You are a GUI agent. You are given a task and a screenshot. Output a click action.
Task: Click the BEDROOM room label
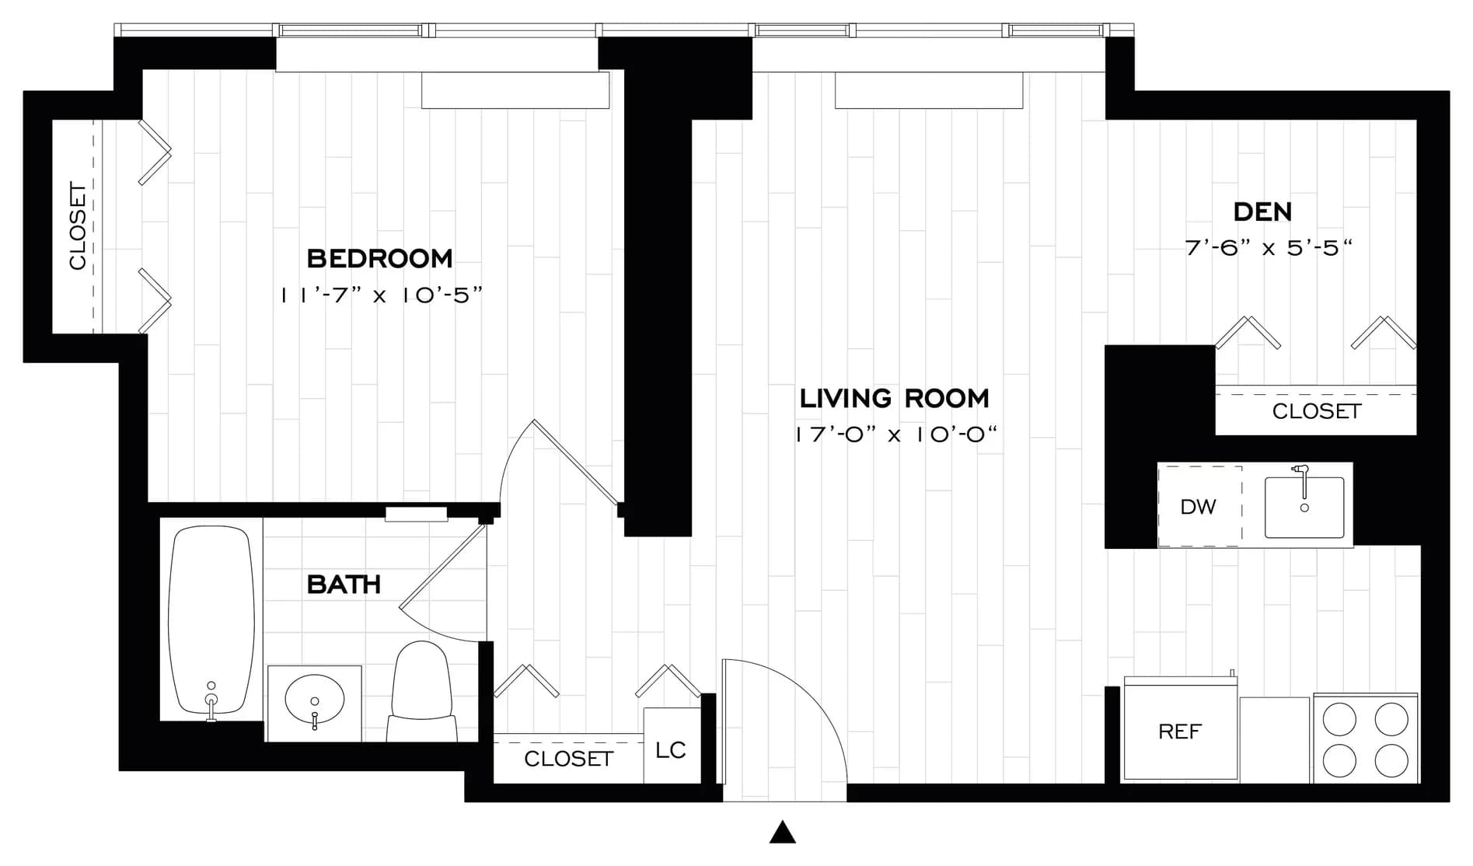click(x=379, y=258)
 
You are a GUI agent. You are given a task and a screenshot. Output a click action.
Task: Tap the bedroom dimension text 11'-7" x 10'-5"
click(x=382, y=295)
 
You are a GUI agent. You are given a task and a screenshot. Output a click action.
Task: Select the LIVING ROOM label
click(x=894, y=398)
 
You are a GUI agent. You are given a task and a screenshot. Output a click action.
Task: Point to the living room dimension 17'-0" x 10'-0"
click(x=895, y=435)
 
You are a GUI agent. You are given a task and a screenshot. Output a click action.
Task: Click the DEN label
click(x=1262, y=211)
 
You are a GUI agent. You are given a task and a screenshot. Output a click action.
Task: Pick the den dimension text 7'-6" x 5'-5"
click(x=1268, y=248)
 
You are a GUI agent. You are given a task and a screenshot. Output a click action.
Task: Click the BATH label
click(x=344, y=585)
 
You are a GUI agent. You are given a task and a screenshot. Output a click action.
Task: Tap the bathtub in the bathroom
click(x=211, y=620)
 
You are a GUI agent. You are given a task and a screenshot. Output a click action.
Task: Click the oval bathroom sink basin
click(x=315, y=698)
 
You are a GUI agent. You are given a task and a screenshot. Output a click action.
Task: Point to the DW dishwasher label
click(x=1198, y=507)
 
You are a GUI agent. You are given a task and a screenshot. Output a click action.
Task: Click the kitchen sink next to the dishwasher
click(x=1304, y=508)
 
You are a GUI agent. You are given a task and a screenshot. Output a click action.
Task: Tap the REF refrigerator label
click(x=1179, y=732)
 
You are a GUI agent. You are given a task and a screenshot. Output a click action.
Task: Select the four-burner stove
click(x=1366, y=739)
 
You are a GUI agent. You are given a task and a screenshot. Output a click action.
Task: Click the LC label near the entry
click(x=670, y=750)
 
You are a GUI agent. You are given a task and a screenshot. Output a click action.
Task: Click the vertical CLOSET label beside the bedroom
click(x=78, y=226)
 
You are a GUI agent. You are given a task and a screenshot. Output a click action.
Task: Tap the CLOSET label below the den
click(x=1316, y=411)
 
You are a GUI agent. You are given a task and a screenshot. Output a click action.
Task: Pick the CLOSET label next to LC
click(x=568, y=759)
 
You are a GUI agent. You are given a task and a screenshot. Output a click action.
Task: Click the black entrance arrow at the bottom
click(x=783, y=833)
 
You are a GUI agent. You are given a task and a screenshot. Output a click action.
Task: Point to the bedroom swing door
click(x=576, y=463)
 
